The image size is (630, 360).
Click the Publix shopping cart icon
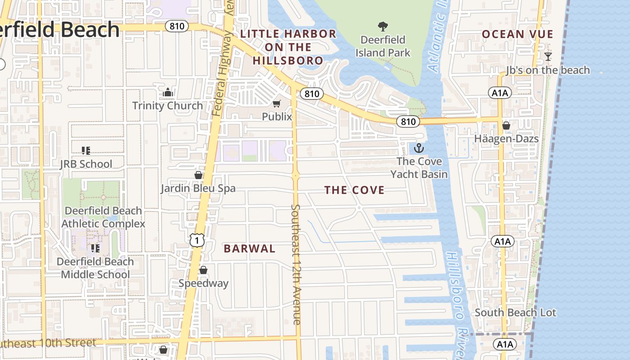click(277, 104)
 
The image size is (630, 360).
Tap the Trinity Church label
click(167, 106)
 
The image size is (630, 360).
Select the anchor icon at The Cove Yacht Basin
click(419, 148)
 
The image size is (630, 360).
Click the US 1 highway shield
click(197, 240)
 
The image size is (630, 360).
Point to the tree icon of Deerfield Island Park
click(383, 27)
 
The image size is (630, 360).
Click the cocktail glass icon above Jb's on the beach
click(548, 57)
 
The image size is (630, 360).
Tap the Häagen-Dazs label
click(506, 138)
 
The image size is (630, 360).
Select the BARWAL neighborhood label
click(249, 248)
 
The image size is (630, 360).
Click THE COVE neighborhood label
click(355, 190)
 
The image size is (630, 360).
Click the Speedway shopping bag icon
click(203, 270)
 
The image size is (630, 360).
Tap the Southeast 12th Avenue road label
click(296, 264)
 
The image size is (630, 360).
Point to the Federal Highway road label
click(223, 63)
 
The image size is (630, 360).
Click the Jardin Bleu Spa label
click(198, 188)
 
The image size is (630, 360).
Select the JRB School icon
click(86, 151)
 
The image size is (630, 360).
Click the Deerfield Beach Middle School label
click(95, 268)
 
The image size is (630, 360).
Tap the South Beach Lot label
click(515, 312)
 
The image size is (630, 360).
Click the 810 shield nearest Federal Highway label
click(177, 26)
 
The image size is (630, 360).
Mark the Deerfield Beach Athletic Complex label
click(103, 217)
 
